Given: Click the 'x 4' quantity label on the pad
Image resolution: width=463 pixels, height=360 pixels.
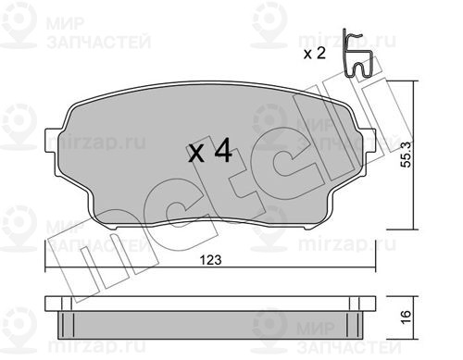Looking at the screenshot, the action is coord(210,151).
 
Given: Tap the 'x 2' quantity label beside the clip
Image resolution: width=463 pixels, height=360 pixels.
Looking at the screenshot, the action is coord(315,54).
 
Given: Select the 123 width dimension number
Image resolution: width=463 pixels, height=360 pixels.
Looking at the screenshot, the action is coord(211,260).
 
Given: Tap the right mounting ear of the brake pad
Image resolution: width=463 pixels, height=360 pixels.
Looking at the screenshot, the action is coord(370,141).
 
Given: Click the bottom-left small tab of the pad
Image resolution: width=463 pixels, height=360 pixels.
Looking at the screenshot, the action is coord(114,228).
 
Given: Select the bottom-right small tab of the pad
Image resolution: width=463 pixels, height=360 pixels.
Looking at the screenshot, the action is coord(308,228).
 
